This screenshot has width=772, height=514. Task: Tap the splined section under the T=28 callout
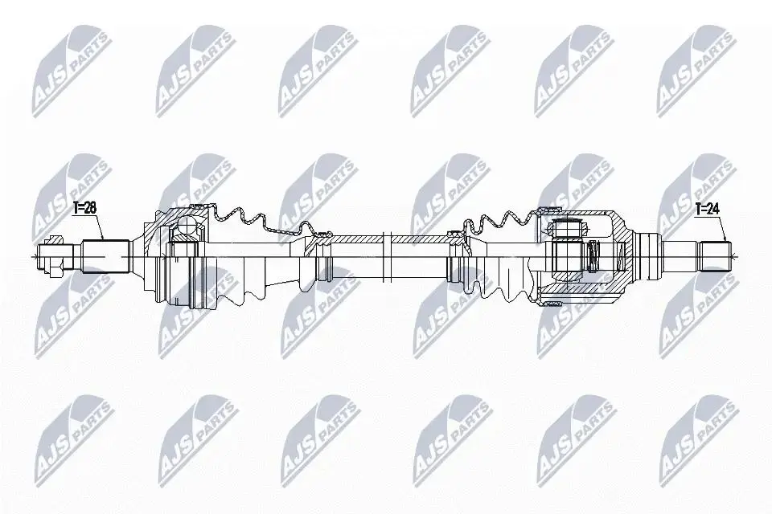(x=106, y=256)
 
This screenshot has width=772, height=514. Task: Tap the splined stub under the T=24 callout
(x=715, y=256)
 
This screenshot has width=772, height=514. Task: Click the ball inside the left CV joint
(x=187, y=226)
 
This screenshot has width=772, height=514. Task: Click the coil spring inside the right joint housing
(x=594, y=256)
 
